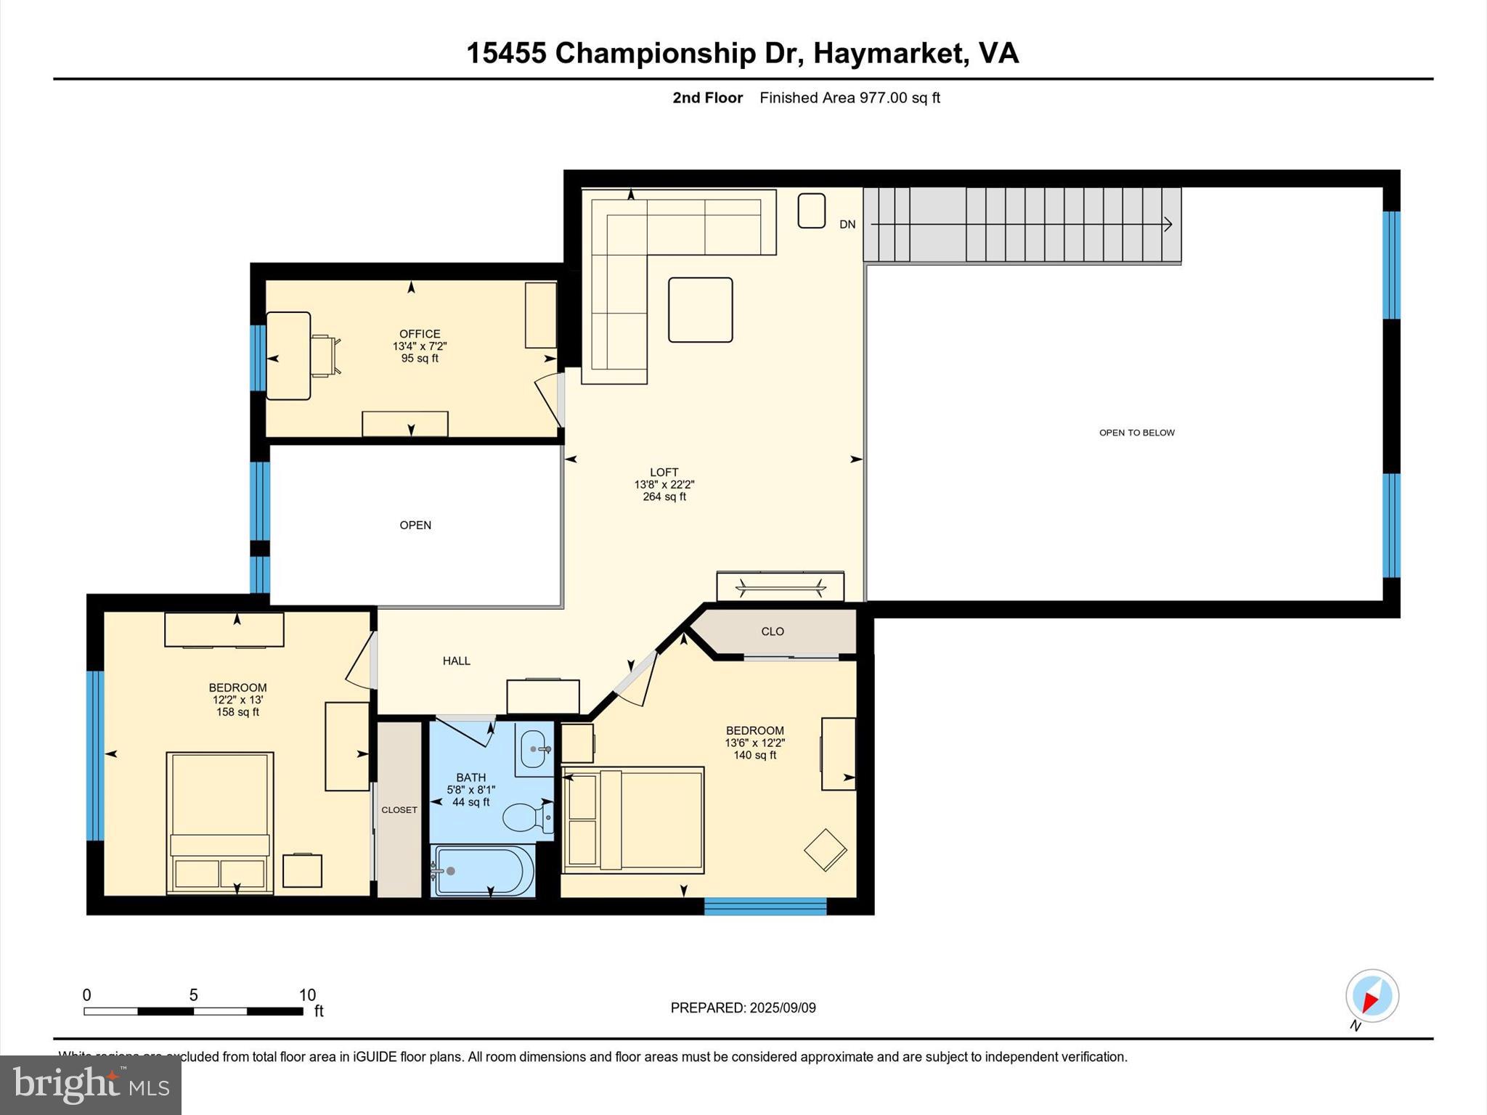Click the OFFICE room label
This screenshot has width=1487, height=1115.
click(420, 334)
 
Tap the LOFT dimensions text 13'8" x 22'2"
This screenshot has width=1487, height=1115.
click(664, 484)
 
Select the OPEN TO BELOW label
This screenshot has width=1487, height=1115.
click(1136, 433)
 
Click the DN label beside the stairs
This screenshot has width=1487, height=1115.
click(847, 224)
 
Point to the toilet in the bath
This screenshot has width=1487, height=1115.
click(526, 817)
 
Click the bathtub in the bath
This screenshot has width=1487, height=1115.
click(482, 870)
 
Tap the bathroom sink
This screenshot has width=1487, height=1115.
click(534, 748)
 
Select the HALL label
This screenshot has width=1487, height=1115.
click(457, 661)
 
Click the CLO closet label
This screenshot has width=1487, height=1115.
click(773, 632)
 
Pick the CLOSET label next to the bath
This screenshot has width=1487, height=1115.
click(399, 809)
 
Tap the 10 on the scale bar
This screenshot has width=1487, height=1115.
click(307, 995)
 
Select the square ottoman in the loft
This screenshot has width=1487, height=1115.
click(700, 310)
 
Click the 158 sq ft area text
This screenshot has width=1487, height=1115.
click(237, 712)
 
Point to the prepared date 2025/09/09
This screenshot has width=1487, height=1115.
click(782, 1008)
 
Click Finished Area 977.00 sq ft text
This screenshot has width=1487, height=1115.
click(850, 97)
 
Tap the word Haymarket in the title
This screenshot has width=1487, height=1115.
click(890, 53)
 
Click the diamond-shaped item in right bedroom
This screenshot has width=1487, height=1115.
click(825, 850)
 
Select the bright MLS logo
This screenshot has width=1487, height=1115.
click(91, 1085)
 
